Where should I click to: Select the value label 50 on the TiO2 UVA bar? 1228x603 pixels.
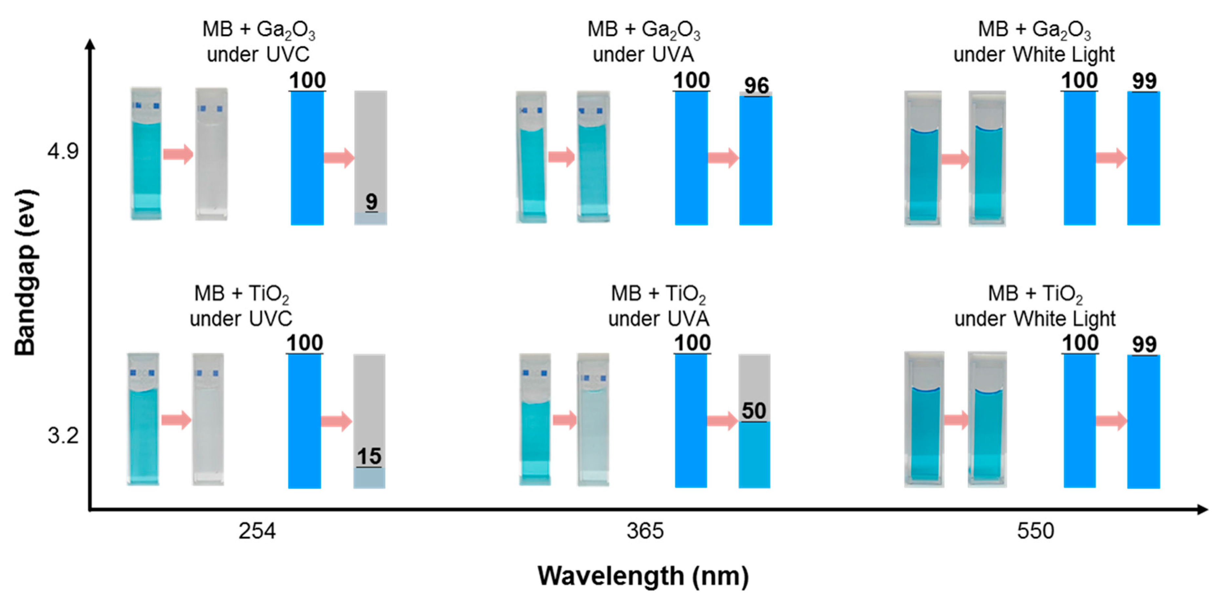click(x=754, y=411)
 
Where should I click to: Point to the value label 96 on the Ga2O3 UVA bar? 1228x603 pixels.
click(x=756, y=86)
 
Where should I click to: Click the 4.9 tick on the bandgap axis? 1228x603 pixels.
click(x=62, y=151)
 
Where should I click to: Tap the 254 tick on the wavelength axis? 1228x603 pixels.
click(x=257, y=531)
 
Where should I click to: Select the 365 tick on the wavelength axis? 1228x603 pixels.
click(x=645, y=531)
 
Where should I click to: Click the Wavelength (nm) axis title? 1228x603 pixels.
click(x=643, y=576)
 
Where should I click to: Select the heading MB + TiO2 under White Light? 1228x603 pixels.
click(x=1035, y=306)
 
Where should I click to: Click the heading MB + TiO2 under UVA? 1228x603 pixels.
click(x=658, y=306)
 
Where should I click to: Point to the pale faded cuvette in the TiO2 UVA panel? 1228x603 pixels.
click(x=593, y=419)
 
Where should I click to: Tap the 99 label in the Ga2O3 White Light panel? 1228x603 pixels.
click(x=1144, y=81)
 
